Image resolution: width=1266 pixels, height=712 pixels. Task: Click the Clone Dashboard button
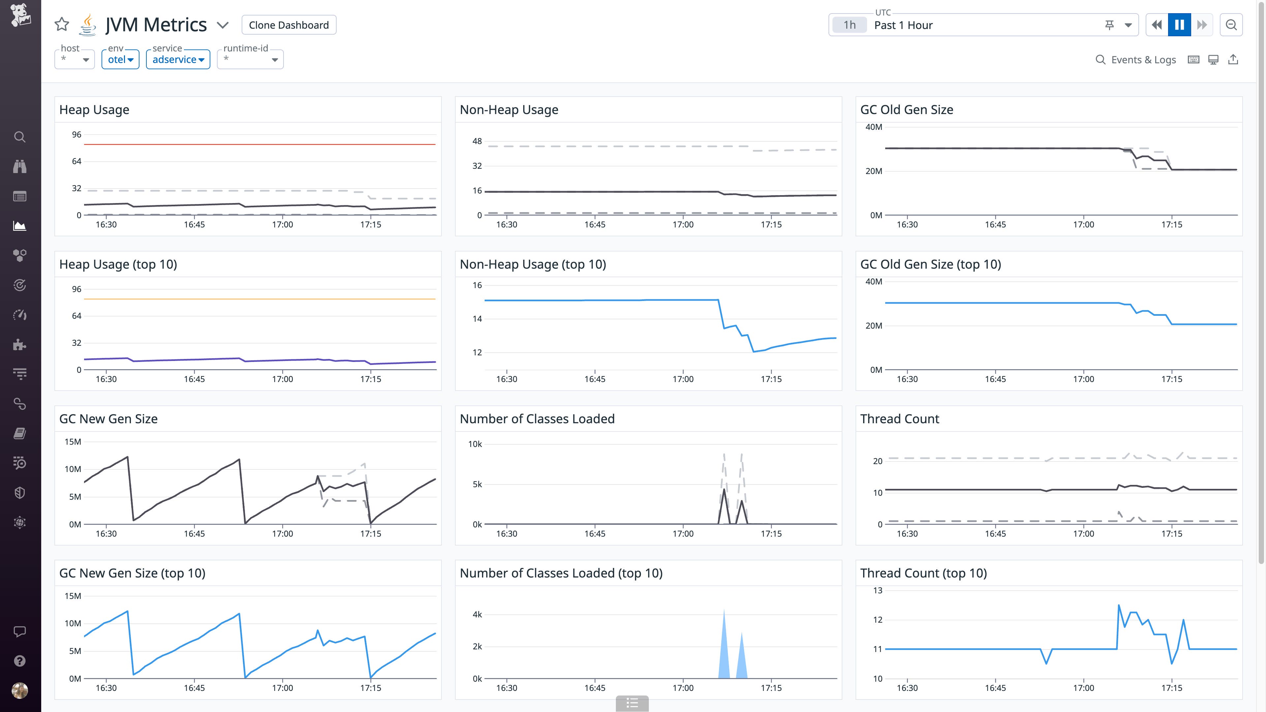pos(288,25)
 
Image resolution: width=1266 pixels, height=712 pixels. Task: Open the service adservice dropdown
pos(178,59)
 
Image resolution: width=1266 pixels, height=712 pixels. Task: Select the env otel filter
pos(120,59)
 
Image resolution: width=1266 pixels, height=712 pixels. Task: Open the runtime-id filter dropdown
pos(250,59)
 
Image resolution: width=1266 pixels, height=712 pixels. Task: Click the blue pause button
pos(1179,25)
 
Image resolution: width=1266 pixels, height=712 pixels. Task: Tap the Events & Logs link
pos(1136,60)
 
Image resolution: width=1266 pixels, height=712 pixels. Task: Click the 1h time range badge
pos(849,25)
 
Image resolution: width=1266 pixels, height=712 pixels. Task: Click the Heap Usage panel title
pos(94,109)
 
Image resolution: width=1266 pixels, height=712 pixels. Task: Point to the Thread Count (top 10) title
pos(923,573)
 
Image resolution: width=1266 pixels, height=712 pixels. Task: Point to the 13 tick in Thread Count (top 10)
pos(878,590)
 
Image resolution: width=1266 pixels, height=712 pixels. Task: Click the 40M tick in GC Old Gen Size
pos(874,127)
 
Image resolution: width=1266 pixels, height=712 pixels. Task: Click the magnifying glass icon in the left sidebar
pos(20,136)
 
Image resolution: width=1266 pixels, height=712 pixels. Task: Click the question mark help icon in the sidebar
pos(20,661)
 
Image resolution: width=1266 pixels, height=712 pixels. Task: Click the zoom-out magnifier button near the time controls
pos(1231,25)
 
